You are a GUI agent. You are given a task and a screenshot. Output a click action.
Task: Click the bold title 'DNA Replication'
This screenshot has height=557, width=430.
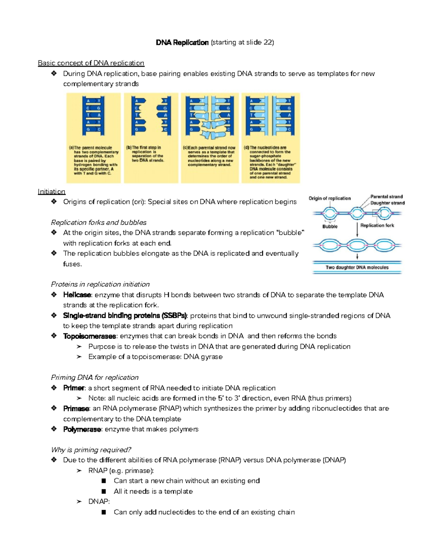[x=182, y=43]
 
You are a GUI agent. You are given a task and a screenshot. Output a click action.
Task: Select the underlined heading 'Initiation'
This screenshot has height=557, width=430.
[x=52, y=192]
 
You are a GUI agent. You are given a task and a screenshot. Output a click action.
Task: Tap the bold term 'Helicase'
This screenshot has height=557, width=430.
[x=77, y=295]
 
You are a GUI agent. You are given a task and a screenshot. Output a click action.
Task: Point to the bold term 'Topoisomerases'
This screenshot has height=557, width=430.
[x=90, y=336]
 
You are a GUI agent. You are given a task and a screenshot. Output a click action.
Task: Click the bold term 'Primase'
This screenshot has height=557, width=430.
[x=76, y=409]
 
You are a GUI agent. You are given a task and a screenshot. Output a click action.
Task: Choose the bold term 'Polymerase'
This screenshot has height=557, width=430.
[x=82, y=429]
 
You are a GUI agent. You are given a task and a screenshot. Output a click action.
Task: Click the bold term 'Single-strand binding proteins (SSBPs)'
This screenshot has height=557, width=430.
[x=125, y=316]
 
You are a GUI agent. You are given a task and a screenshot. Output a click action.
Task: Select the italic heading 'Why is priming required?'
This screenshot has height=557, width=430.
[x=91, y=450]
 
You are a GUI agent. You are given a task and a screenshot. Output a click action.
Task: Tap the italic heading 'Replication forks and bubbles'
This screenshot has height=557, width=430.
[x=99, y=223]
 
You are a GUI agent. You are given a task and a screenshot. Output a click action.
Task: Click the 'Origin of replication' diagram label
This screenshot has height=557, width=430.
[x=330, y=198]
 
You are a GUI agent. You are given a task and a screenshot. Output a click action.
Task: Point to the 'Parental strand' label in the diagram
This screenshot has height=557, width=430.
[x=386, y=197]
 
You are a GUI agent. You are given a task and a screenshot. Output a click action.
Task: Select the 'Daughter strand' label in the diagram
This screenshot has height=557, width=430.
[x=387, y=203]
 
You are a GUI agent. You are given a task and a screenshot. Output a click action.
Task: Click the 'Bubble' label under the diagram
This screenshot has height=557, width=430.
[x=330, y=227]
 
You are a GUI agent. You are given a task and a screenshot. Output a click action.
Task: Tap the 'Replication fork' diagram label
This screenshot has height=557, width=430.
[x=377, y=226]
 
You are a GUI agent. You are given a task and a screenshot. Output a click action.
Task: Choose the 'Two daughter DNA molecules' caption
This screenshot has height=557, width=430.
[x=357, y=268]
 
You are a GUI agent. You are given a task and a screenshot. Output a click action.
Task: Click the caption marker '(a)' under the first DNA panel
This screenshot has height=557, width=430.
[x=71, y=148]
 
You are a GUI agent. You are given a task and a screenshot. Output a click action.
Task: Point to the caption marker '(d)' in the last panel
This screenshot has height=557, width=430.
[x=246, y=147]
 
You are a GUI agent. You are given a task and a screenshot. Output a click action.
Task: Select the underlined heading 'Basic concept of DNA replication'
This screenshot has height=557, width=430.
[x=91, y=63]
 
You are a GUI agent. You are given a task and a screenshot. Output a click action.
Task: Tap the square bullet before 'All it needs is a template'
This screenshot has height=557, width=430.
[x=104, y=491]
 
